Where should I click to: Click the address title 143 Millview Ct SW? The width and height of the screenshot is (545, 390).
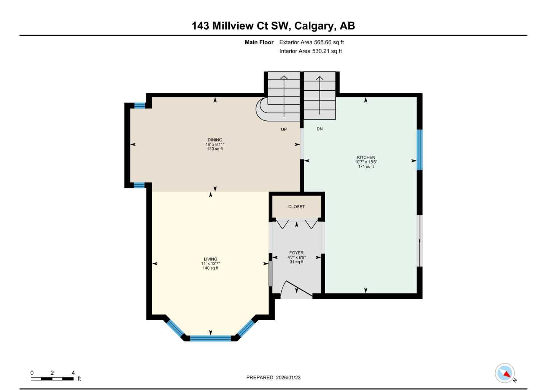(273, 26)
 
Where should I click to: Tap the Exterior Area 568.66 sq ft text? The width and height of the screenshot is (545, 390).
(311, 42)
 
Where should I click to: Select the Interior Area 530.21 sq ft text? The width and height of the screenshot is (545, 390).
(310, 51)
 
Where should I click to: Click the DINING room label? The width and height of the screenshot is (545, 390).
(215, 140)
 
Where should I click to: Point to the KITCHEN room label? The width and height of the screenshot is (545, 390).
(366, 157)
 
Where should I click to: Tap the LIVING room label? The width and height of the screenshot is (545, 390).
(210, 259)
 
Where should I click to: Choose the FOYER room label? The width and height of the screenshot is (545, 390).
(296, 253)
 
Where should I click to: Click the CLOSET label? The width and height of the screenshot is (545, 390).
(296, 207)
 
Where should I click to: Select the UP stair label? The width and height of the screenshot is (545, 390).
(284, 129)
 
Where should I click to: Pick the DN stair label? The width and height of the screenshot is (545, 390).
(319, 129)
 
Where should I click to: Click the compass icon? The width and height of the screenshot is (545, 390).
(505, 373)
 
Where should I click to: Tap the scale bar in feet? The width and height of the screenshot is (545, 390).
(52, 379)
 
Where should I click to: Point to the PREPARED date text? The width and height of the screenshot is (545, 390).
(273, 377)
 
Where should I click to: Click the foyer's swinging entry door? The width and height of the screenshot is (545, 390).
(298, 288)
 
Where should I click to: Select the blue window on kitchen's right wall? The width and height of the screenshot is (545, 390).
(419, 150)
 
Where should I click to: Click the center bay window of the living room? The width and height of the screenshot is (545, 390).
(210, 338)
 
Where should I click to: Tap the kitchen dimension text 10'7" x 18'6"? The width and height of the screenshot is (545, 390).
(366, 162)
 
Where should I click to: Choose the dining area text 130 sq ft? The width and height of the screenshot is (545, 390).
(215, 149)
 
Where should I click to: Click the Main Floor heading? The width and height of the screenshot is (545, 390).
(259, 42)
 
